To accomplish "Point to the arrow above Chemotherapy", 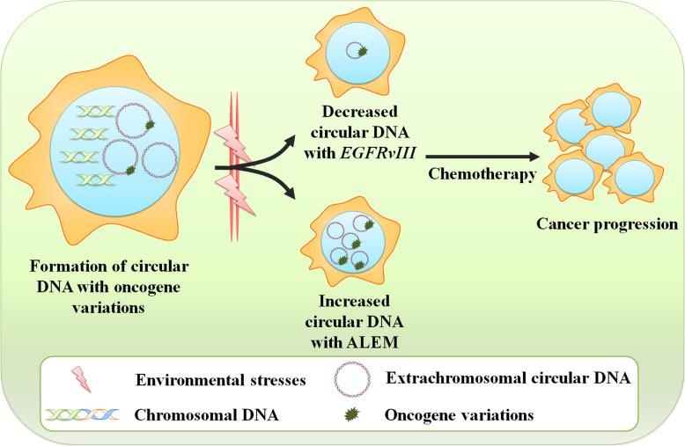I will [481, 157].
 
